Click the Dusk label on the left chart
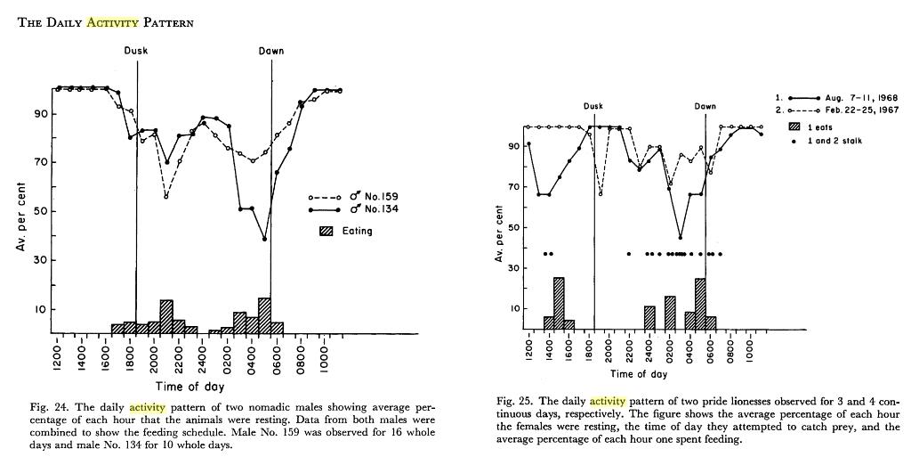pos(136,51)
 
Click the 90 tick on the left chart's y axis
pos(36,114)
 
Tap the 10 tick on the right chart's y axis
pos(512,309)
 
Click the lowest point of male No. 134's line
pos(264,239)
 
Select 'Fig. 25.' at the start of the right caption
pos(512,402)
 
